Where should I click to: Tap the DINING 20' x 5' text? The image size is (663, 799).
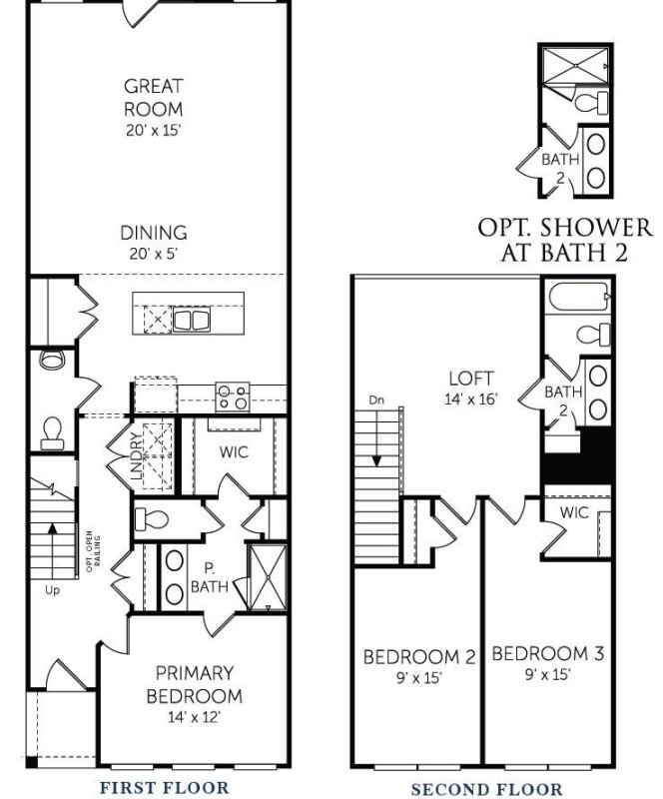[x=154, y=242]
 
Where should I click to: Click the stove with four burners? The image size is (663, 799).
[x=233, y=398]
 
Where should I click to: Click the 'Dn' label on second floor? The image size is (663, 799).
[x=376, y=400]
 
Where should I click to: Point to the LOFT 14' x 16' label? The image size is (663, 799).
[x=470, y=389]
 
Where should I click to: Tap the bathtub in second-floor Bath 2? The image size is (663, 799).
[x=577, y=298]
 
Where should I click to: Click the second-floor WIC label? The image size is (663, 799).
[x=573, y=512]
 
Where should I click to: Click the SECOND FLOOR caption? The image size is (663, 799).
[x=488, y=787]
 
